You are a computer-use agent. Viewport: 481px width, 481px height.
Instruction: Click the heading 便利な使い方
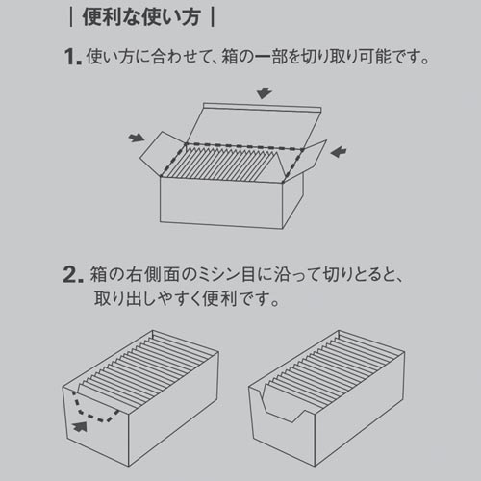pos(141,17)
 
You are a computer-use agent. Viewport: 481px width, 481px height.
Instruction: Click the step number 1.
pos(73,57)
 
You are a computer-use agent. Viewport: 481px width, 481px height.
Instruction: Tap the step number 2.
pos(73,274)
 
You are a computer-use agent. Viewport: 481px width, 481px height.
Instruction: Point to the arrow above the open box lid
pos(265,92)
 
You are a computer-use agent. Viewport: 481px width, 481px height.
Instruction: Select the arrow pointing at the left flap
pos(137,138)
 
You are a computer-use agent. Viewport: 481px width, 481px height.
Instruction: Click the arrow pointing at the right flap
pos(339,152)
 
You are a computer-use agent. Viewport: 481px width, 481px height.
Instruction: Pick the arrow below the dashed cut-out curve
pos(80,427)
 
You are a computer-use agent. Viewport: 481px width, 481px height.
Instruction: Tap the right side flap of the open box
pos(306,161)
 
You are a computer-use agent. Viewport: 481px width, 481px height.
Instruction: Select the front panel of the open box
pos(221,203)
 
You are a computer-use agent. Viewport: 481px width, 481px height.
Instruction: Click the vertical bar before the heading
pos(71,17)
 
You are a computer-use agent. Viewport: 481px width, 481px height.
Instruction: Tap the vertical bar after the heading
pos(213,17)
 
